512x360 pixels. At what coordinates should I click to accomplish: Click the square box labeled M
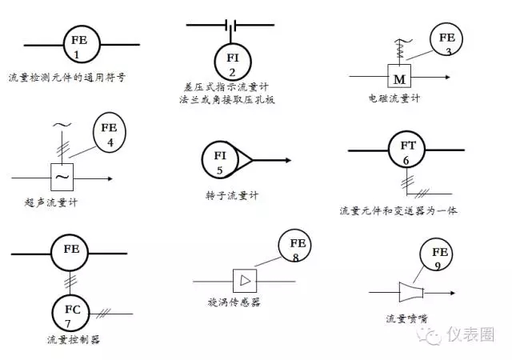click(x=398, y=78)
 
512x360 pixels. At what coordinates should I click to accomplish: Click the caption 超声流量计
click(x=51, y=202)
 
